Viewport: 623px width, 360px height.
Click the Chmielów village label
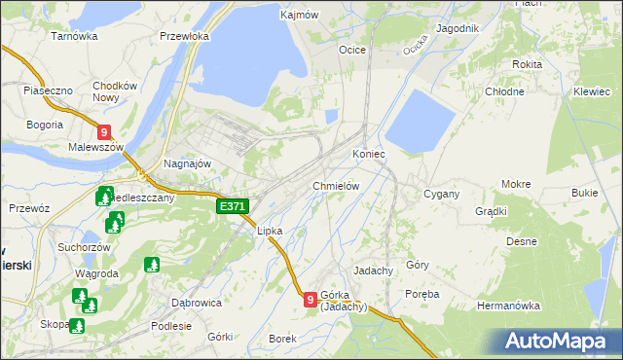coord(337,186)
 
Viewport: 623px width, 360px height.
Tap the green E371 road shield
coord(233,206)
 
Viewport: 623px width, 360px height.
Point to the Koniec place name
coord(369,155)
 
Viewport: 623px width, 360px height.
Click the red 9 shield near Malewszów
coord(104,131)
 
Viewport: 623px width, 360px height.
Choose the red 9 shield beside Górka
coord(310,300)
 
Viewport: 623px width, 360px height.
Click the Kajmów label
coord(300,16)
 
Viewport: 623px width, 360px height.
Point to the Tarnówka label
coord(75,36)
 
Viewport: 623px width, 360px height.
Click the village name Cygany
coord(441,194)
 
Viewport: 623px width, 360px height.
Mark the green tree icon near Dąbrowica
coord(151,264)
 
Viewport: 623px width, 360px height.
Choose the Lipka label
coord(269,232)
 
